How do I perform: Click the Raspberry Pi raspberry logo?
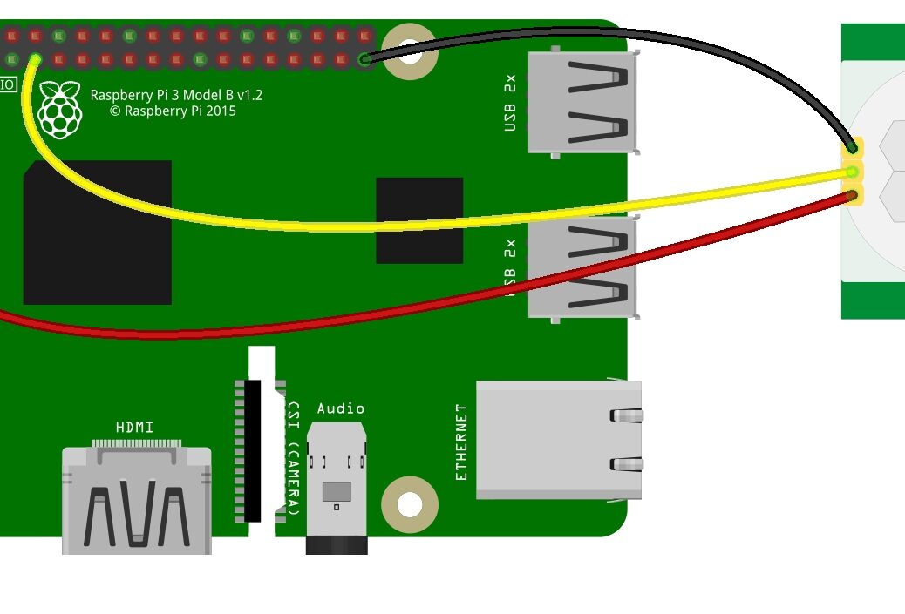point(59,110)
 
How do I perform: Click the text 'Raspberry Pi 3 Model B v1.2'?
point(176,95)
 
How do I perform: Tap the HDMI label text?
point(135,428)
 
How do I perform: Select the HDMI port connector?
point(136,501)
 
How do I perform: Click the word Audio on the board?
point(341,408)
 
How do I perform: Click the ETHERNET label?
point(462,442)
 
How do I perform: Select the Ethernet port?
point(558,440)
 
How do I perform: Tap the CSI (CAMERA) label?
point(295,457)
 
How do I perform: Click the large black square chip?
point(97,232)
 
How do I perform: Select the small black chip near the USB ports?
point(419,220)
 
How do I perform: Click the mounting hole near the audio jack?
point(408,504)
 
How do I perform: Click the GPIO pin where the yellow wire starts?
point(36,60)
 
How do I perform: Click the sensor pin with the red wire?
point(853,196)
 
